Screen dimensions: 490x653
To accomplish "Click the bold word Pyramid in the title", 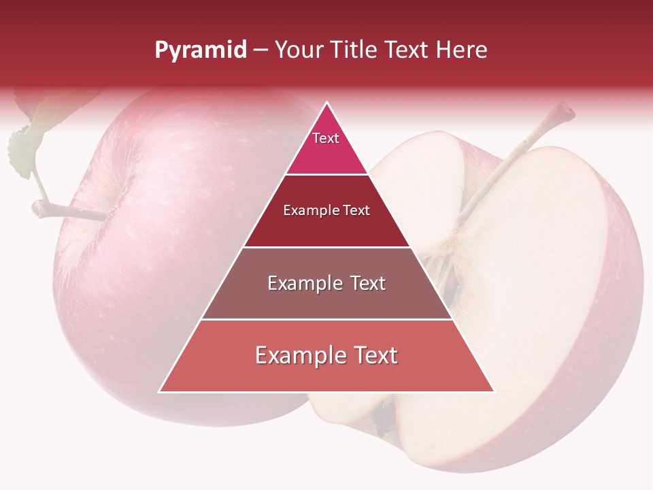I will click(x=201, y=50).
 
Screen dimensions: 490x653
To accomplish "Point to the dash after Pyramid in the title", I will click(x=261, y=50).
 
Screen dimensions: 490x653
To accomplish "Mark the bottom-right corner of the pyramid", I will click(x=493, y=391).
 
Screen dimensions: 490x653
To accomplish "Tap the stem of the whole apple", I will click(x=68, y=211).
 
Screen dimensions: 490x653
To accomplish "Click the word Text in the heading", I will click(x=407, y=50).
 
